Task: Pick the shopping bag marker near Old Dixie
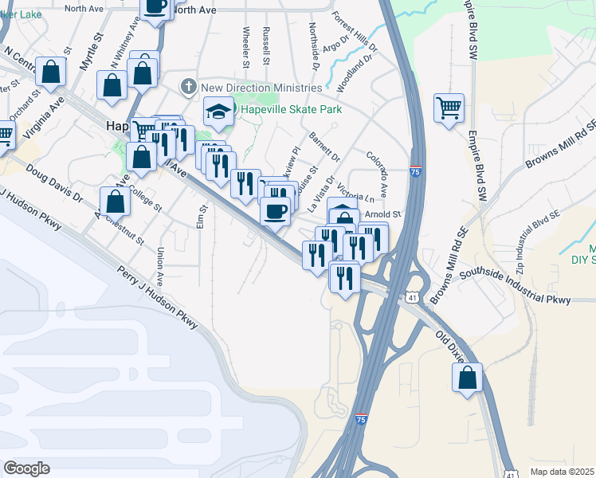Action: click(469, 378)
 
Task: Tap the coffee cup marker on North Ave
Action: click(156, 6)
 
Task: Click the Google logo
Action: click(26, 468)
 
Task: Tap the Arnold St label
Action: click(382, 214)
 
